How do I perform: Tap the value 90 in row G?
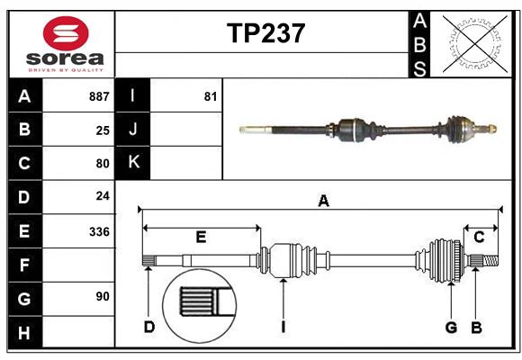pos(101,296)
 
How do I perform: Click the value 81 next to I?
pos(211,96)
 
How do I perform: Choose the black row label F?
pos(24,265)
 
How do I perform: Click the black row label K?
pos(134,163)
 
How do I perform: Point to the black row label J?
pos(134,130)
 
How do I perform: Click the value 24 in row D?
pos(102,195)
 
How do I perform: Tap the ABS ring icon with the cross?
pos(473,42)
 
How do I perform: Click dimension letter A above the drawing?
pos(323,202)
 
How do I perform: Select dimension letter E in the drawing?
pos(201,238)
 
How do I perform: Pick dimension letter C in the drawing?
pos(479,237)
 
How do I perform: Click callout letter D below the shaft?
pos(149,327)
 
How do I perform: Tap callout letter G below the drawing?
pos(451,327)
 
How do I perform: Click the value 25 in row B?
pos(102,130)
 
